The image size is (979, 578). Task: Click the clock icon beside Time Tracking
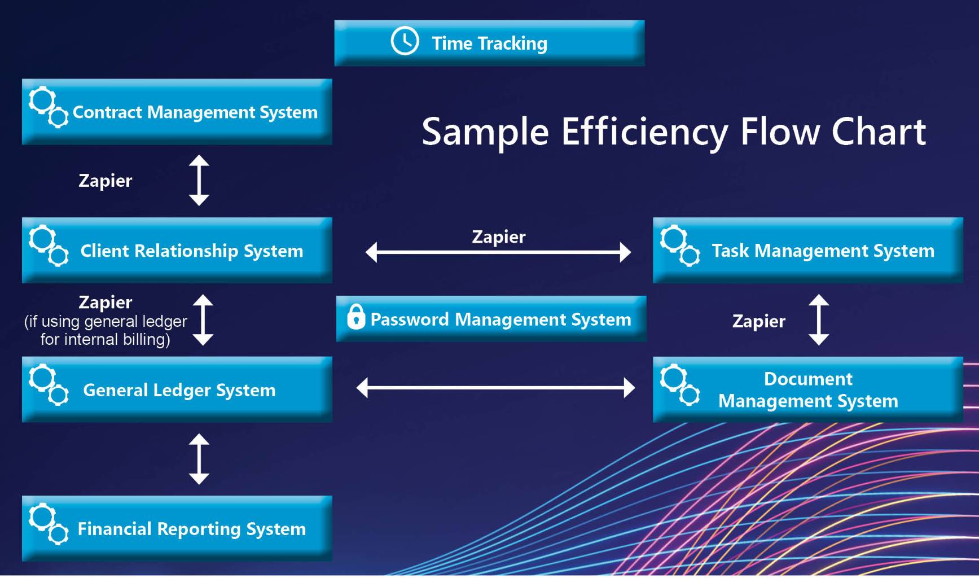point(405,41)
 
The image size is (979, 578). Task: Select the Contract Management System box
point(177,112)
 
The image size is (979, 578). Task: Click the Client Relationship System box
point(177,250)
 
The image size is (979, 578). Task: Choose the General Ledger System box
point(177,389)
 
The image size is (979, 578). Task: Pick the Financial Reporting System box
point(177,528)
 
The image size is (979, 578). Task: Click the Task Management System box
point(808,250)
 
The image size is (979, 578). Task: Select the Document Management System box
point(808,389)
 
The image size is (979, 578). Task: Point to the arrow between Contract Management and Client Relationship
point(199,180)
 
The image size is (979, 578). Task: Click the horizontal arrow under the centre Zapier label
point(498,252)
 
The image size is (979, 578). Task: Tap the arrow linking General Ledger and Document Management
point(496,388)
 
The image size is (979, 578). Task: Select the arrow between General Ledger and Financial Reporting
point(199,459)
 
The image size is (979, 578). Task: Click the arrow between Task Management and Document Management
point(819,319)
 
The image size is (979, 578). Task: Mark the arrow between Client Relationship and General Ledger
point(203,319)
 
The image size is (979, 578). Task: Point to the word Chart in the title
point(879,132)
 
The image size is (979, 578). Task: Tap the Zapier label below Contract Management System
point(106,181)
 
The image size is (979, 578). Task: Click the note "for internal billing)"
point(106,339)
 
